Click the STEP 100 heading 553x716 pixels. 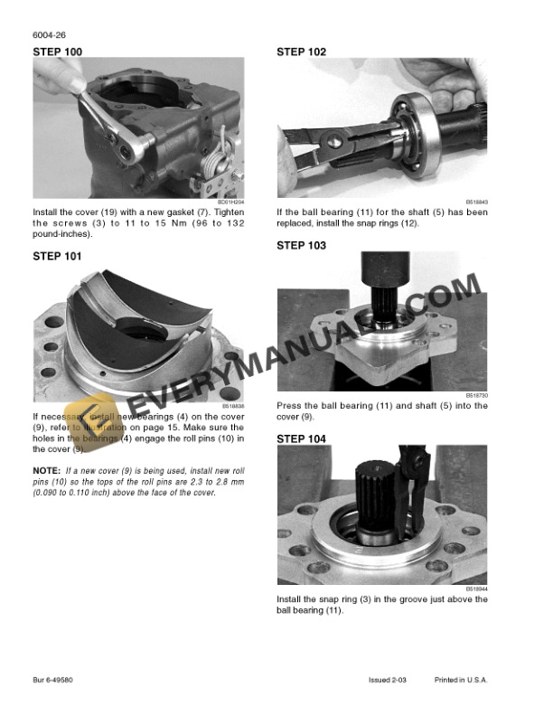coord(57,52)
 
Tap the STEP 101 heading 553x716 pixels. coord(57,256)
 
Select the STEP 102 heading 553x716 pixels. coord(301,52)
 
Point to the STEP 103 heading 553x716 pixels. coord(301,245)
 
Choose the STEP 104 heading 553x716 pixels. coord(301,438)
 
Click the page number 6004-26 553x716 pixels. coord(48,37)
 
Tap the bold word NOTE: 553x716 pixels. coord(46,470)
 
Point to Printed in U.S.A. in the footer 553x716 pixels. coord(462,678)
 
